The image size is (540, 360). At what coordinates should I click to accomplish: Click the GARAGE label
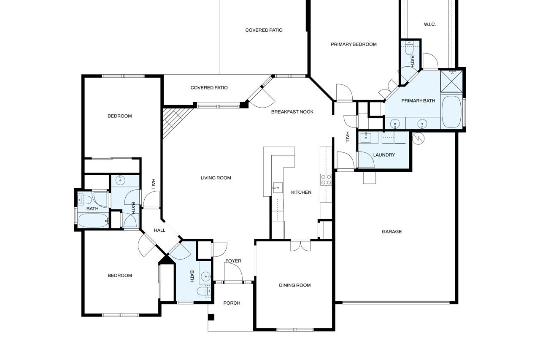tap(391, 232)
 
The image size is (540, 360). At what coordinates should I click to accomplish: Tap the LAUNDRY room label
tap(384, 155)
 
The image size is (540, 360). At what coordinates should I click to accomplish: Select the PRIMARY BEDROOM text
tap(354, 44)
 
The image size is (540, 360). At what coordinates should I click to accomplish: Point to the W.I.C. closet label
tap(429, 24)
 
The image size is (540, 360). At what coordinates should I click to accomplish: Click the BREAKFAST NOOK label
tap(292, 112)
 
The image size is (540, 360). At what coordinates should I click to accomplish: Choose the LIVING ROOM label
tap(216, 178)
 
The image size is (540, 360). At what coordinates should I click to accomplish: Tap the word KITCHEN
tap(301, 192)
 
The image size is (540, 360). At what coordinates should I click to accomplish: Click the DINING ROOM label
tap(294, 285)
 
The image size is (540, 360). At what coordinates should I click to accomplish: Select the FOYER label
tap(233, 261)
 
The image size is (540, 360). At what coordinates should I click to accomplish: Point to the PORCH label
tap(232, 303)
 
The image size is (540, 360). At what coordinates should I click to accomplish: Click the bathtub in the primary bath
tap(451, 112)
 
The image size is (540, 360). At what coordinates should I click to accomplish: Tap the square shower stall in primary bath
tap(451, 81)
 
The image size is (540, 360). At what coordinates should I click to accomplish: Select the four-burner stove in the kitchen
tap(326, 180)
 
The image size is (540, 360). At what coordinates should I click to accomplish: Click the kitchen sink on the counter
tap(277, 186)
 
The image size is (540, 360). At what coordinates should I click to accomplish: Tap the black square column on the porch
tap(211, 317)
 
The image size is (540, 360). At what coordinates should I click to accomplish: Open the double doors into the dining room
tap(300, 245)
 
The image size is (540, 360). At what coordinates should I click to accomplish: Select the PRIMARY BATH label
tap(418, 101)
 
